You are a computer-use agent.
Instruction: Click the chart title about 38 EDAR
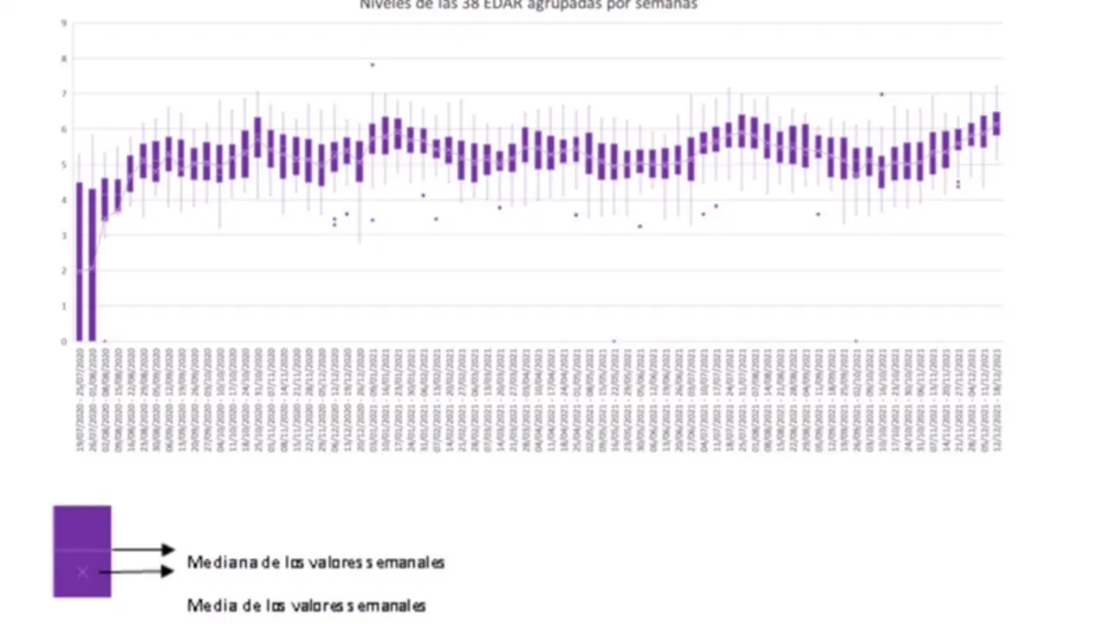click(x=529, y=4)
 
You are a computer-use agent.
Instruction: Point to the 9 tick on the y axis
click(x=63, y=23)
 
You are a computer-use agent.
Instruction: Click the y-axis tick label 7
click(x=63, y=94)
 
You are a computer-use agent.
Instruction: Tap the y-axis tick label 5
click(x=63, y=165)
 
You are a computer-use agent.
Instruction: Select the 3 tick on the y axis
click(x=63, y=235)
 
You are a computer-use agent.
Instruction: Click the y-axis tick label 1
click(x=63, y=306)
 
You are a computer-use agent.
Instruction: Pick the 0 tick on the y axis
click(x=63, y=341)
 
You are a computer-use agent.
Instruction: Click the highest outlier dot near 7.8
click(x=373, y=65)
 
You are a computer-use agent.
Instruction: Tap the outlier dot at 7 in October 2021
click(x=881, y=94)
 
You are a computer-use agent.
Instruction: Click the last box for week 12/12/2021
click(x=996, y=123)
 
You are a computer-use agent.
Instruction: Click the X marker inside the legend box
click(x=82, y=572)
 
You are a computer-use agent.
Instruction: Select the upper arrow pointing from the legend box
click(x=143, y=549)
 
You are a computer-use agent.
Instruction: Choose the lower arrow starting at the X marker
click(x=143, y=571)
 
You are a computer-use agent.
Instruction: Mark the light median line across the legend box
click(x=82, y=550)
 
